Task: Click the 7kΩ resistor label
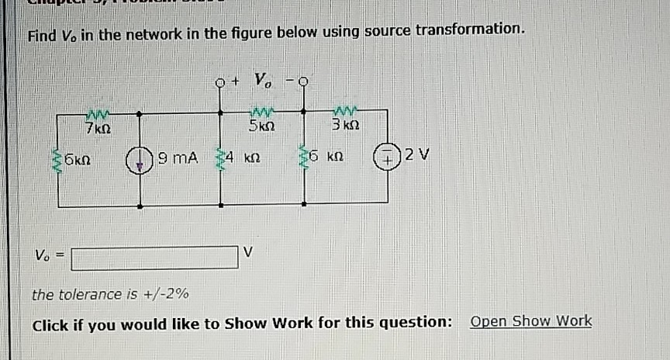[x=98, y=126]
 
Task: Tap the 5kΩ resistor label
[x=258, y=126]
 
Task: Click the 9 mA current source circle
[x=140, y=160]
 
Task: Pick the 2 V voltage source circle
[x=388, y=159]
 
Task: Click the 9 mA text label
[x=178, y=159]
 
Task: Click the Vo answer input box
[x=154, y=257]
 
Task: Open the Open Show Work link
[x=530, y=321]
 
